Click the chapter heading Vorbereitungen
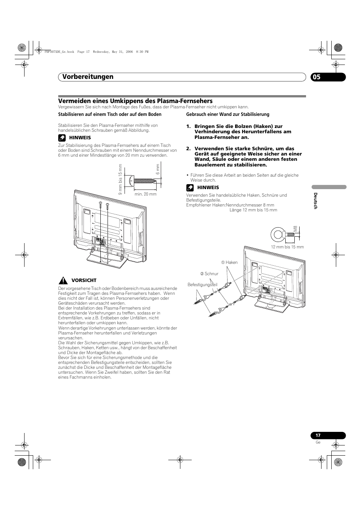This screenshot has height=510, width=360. click(86, 77)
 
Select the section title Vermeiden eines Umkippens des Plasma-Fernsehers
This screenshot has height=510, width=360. click(135, 101)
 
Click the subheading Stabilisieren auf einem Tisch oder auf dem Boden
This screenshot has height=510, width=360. click(109, 114)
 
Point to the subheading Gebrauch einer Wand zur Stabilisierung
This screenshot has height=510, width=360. click(228, 114)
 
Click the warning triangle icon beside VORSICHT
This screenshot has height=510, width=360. click(62, 280)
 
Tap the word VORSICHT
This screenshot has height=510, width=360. click(84, 280)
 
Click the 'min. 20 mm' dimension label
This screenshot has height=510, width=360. click(145, 194)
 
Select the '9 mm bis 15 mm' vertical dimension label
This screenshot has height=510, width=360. click(120, 179)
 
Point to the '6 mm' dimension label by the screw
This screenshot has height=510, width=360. click(158, 169)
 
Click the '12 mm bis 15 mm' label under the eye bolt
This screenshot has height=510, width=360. click(287, 247)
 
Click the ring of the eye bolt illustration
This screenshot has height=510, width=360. click(278, 235)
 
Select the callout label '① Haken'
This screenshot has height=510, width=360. click(229, 262)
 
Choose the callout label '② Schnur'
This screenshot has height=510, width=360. click(209, 274)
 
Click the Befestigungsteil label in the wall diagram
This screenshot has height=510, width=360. click(202, 285)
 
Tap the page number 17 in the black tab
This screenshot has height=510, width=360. click(318, 435)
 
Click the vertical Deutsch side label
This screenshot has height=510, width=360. click(316, 200)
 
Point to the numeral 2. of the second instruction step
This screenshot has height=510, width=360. click(188, 148)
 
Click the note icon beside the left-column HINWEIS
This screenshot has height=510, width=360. click(62, 138)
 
